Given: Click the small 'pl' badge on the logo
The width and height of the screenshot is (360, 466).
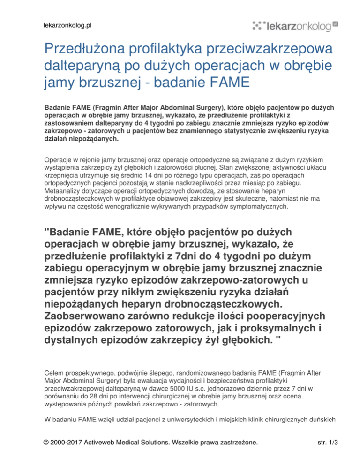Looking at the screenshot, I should click(x=335, y=23).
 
